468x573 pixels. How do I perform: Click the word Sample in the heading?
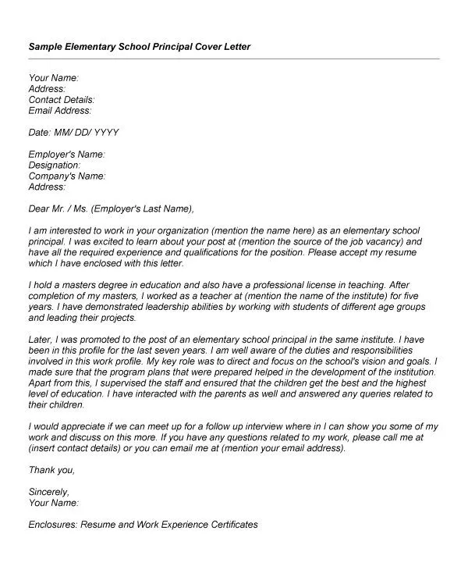tap(45, 46)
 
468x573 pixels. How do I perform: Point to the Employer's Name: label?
tap(66, 155)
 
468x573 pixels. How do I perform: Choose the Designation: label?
tap(55, 165)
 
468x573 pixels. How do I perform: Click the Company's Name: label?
tap(66, 176)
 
